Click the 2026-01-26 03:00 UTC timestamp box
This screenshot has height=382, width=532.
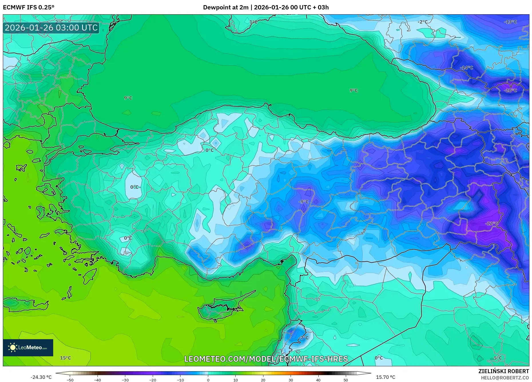pyautogui.click(x=51, y=28)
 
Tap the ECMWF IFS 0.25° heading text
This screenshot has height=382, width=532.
pyautogui.click(x=29, y=7)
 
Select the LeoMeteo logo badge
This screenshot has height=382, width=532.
pyautogui.click(x=28, y=347)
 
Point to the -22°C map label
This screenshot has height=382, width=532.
pyautogui.click(x=492, y=223)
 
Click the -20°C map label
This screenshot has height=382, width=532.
pyautogui.click(x=510, y=91)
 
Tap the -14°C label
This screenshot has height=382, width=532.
pyautogui.click(x=467, y=68)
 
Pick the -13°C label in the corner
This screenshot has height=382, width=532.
pyautogui.click(x=510, y=22)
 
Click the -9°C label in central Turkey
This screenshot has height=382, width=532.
pyautogui.click(x=303, y=202)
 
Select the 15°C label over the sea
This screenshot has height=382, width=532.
pyautogui.click(x=65, y=358)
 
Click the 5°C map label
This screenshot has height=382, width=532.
pyautogui.click(x=498, y=358)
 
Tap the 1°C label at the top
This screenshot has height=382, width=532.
pyautogui.click(x=253, y=22)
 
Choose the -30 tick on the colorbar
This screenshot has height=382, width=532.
pyautogui.click(x=125, y=380)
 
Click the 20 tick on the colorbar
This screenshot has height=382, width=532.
pyautogui.click(x=263, y=380)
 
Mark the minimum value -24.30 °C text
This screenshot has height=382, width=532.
pyautogui.click(x=41, y=377)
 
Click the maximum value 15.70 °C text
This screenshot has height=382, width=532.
pyautogui.click(x=386, y=377)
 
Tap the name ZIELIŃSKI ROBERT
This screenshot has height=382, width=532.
pyautogui.click(x=503, y=371)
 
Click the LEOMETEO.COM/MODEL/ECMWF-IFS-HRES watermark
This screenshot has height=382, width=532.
pyautogui.click(x=266, y=359)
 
